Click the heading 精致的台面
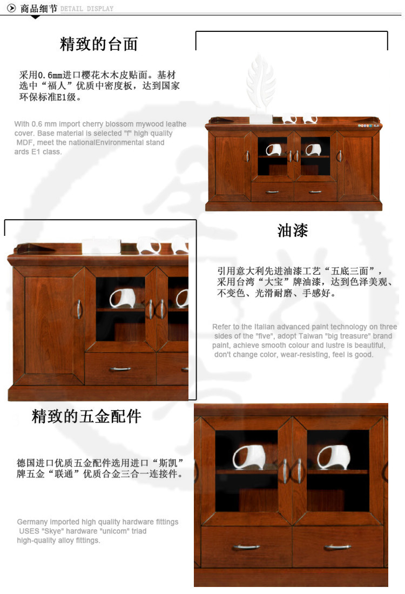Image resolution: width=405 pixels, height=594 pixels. (x=99, y=44)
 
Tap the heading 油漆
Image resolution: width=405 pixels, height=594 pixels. (x=293, y=230)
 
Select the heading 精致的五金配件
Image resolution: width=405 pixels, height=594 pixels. (x=86, y=416)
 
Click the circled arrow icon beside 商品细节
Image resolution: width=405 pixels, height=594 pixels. (x=12, y=8)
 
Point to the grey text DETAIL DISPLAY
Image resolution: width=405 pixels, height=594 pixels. (x=87, y=9)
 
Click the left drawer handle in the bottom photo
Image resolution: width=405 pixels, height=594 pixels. (x=246, y=546)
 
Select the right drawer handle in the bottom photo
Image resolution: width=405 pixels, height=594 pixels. (x=337, y=546)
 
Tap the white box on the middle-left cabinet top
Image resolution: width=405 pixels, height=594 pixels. (x=102, y=246)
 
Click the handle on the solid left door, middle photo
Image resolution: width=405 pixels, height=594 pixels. (x=79, y=309)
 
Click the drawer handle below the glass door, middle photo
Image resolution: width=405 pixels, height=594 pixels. (x=120, y=368)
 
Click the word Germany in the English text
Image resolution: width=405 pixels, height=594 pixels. (x=32, y=522)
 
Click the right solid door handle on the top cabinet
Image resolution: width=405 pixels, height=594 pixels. (x=339, y=156)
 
